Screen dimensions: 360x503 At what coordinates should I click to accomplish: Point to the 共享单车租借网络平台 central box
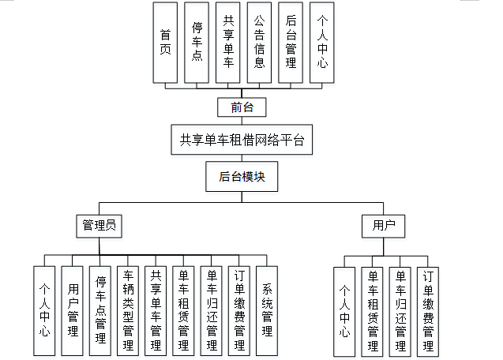tap(242, 140)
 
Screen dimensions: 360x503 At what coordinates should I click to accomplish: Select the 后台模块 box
tap(242, 177)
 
